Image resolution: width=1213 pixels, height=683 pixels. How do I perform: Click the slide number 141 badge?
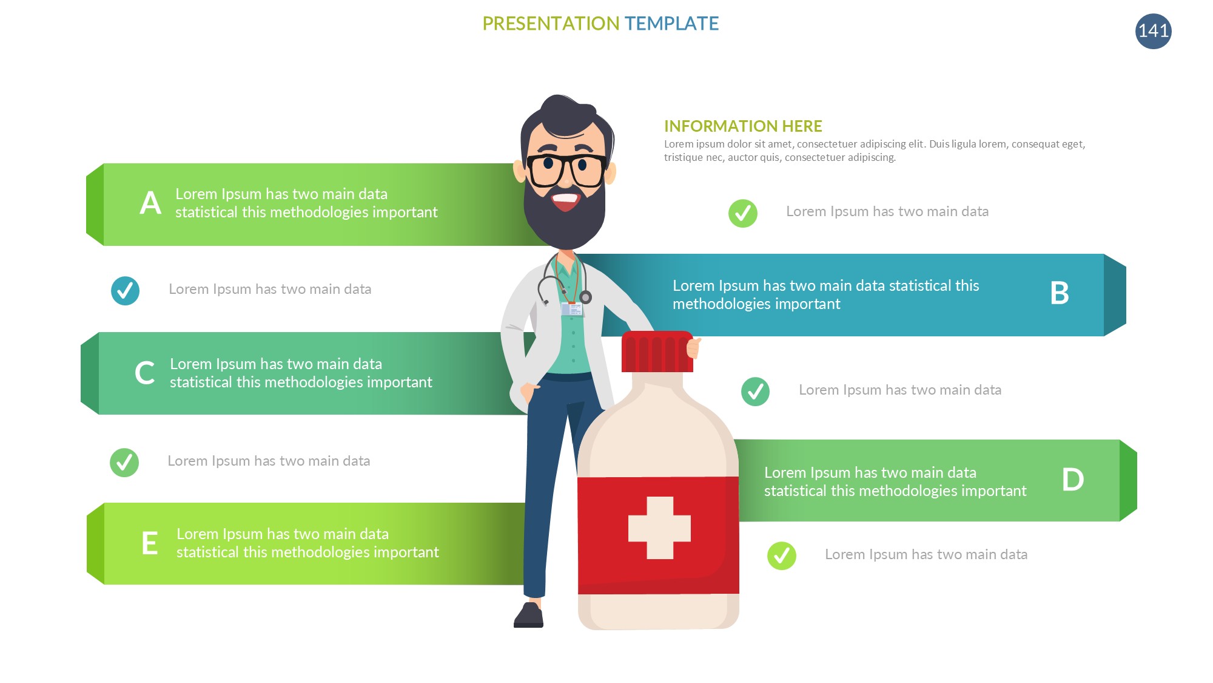click(x=1153, y=31)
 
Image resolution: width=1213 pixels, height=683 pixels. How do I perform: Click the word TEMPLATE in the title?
click(x=671, y=24)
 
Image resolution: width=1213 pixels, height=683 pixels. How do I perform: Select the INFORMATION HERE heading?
click(x=743, y=126)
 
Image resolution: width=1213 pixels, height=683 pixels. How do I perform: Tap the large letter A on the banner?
click(x=150, y=203)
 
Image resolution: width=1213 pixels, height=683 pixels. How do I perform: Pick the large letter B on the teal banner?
click(x=1059, y=293)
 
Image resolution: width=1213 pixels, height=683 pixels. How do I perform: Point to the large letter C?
click(x=144, y=373)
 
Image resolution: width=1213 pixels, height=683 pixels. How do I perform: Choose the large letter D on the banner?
click(x=1072, y=480)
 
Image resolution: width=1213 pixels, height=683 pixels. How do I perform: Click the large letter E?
click(x=150, y=543)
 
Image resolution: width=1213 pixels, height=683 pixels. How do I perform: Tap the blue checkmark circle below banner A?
click(x=125, y=291)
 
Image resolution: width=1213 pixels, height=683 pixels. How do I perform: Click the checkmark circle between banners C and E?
click(x=124, y=463)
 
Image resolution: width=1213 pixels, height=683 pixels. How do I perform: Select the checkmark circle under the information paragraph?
click(x=743, y=213)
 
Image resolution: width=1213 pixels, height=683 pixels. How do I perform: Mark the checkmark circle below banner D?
click(x=782, y=556)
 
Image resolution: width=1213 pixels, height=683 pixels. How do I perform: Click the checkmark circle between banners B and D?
click(x=755, y=392)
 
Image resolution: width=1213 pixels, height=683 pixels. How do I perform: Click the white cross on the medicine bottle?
click(x=659, y=528)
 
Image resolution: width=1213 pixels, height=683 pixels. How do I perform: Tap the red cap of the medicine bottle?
click(x=657, y=352)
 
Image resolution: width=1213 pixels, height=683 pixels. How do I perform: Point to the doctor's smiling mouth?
click(x=565, y=200)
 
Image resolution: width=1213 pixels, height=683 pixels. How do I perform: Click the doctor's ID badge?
click(x=571, y=309)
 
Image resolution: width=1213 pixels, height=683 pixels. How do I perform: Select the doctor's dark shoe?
click(x=529, y=615)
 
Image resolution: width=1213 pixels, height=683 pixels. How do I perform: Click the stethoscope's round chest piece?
click(x=585, y=297)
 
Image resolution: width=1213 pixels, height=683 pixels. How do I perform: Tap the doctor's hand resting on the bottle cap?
click(x=693, y=347)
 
